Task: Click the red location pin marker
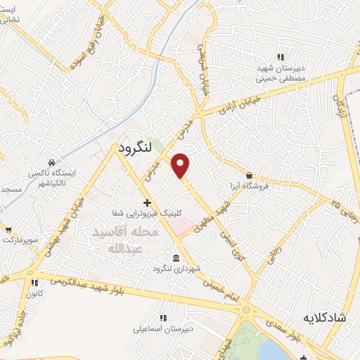(181, 165)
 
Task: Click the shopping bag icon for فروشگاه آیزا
(249, 175)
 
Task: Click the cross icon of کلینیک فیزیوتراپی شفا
(147, 202)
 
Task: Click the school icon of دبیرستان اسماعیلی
(163, 316)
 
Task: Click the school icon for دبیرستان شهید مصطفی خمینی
(280, 57)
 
